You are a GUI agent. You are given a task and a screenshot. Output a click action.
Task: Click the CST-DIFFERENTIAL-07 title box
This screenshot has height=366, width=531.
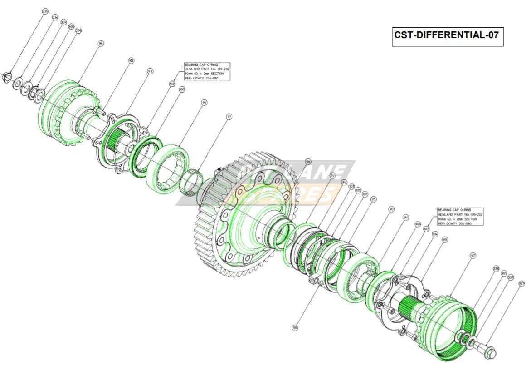coord(448,36)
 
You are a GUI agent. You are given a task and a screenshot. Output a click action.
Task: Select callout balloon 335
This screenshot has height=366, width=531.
coord(45,11)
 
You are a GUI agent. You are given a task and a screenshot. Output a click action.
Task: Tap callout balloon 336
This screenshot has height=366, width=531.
coord(55,17)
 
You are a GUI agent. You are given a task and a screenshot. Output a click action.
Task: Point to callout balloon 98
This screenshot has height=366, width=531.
coord(101,44)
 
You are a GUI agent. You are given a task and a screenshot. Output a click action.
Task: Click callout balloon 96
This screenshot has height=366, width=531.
coord(308,161)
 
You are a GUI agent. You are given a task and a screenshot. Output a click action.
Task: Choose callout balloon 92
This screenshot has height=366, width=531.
coord(332,175)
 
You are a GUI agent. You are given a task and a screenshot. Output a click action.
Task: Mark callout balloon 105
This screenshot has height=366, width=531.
coord(358,190)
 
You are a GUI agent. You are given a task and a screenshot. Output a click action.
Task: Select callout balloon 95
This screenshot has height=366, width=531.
coord(373,199)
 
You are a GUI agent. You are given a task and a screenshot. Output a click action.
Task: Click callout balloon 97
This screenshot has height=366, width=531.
coord(473,256)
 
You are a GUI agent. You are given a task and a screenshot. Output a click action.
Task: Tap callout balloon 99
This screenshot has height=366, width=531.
coord(295,327)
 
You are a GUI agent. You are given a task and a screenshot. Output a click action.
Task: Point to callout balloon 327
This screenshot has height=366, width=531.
coord(521,283)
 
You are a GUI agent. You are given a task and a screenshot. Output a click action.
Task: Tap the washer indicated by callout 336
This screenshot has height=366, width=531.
coord(18,83)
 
